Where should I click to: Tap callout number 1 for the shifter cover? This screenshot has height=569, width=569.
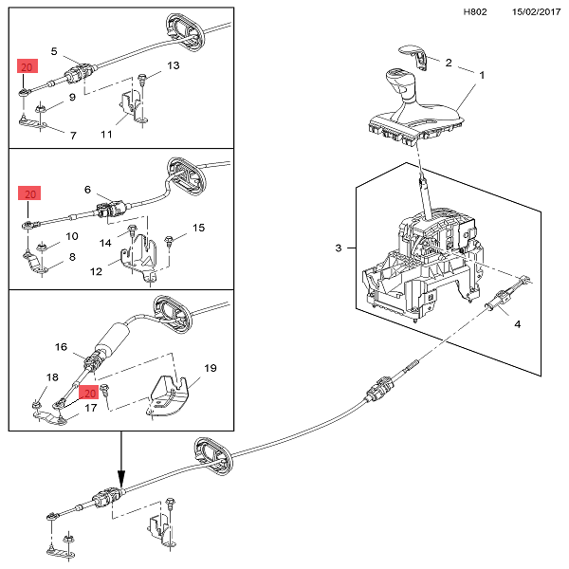click(x=481, y=75)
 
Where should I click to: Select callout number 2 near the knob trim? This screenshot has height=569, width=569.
click(x=449, y=63)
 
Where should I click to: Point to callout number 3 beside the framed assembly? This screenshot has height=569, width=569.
click(x=339, y=248)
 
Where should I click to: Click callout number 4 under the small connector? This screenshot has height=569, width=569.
click(x=517, y=324)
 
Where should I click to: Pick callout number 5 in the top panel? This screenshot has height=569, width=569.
click(x=54, y=50)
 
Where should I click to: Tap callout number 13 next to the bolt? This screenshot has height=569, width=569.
click(x=173, y=65)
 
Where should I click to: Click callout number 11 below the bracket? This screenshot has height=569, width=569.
click(x=106, y=135)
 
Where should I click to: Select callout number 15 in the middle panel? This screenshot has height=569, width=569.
click(x=198, y=228)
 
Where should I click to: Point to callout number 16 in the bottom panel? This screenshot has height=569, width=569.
click(x=60, y=347)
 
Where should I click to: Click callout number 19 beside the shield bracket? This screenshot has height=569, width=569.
click(x=211, y=367)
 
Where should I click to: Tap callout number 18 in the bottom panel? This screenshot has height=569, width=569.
click(x=26, y=377)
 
